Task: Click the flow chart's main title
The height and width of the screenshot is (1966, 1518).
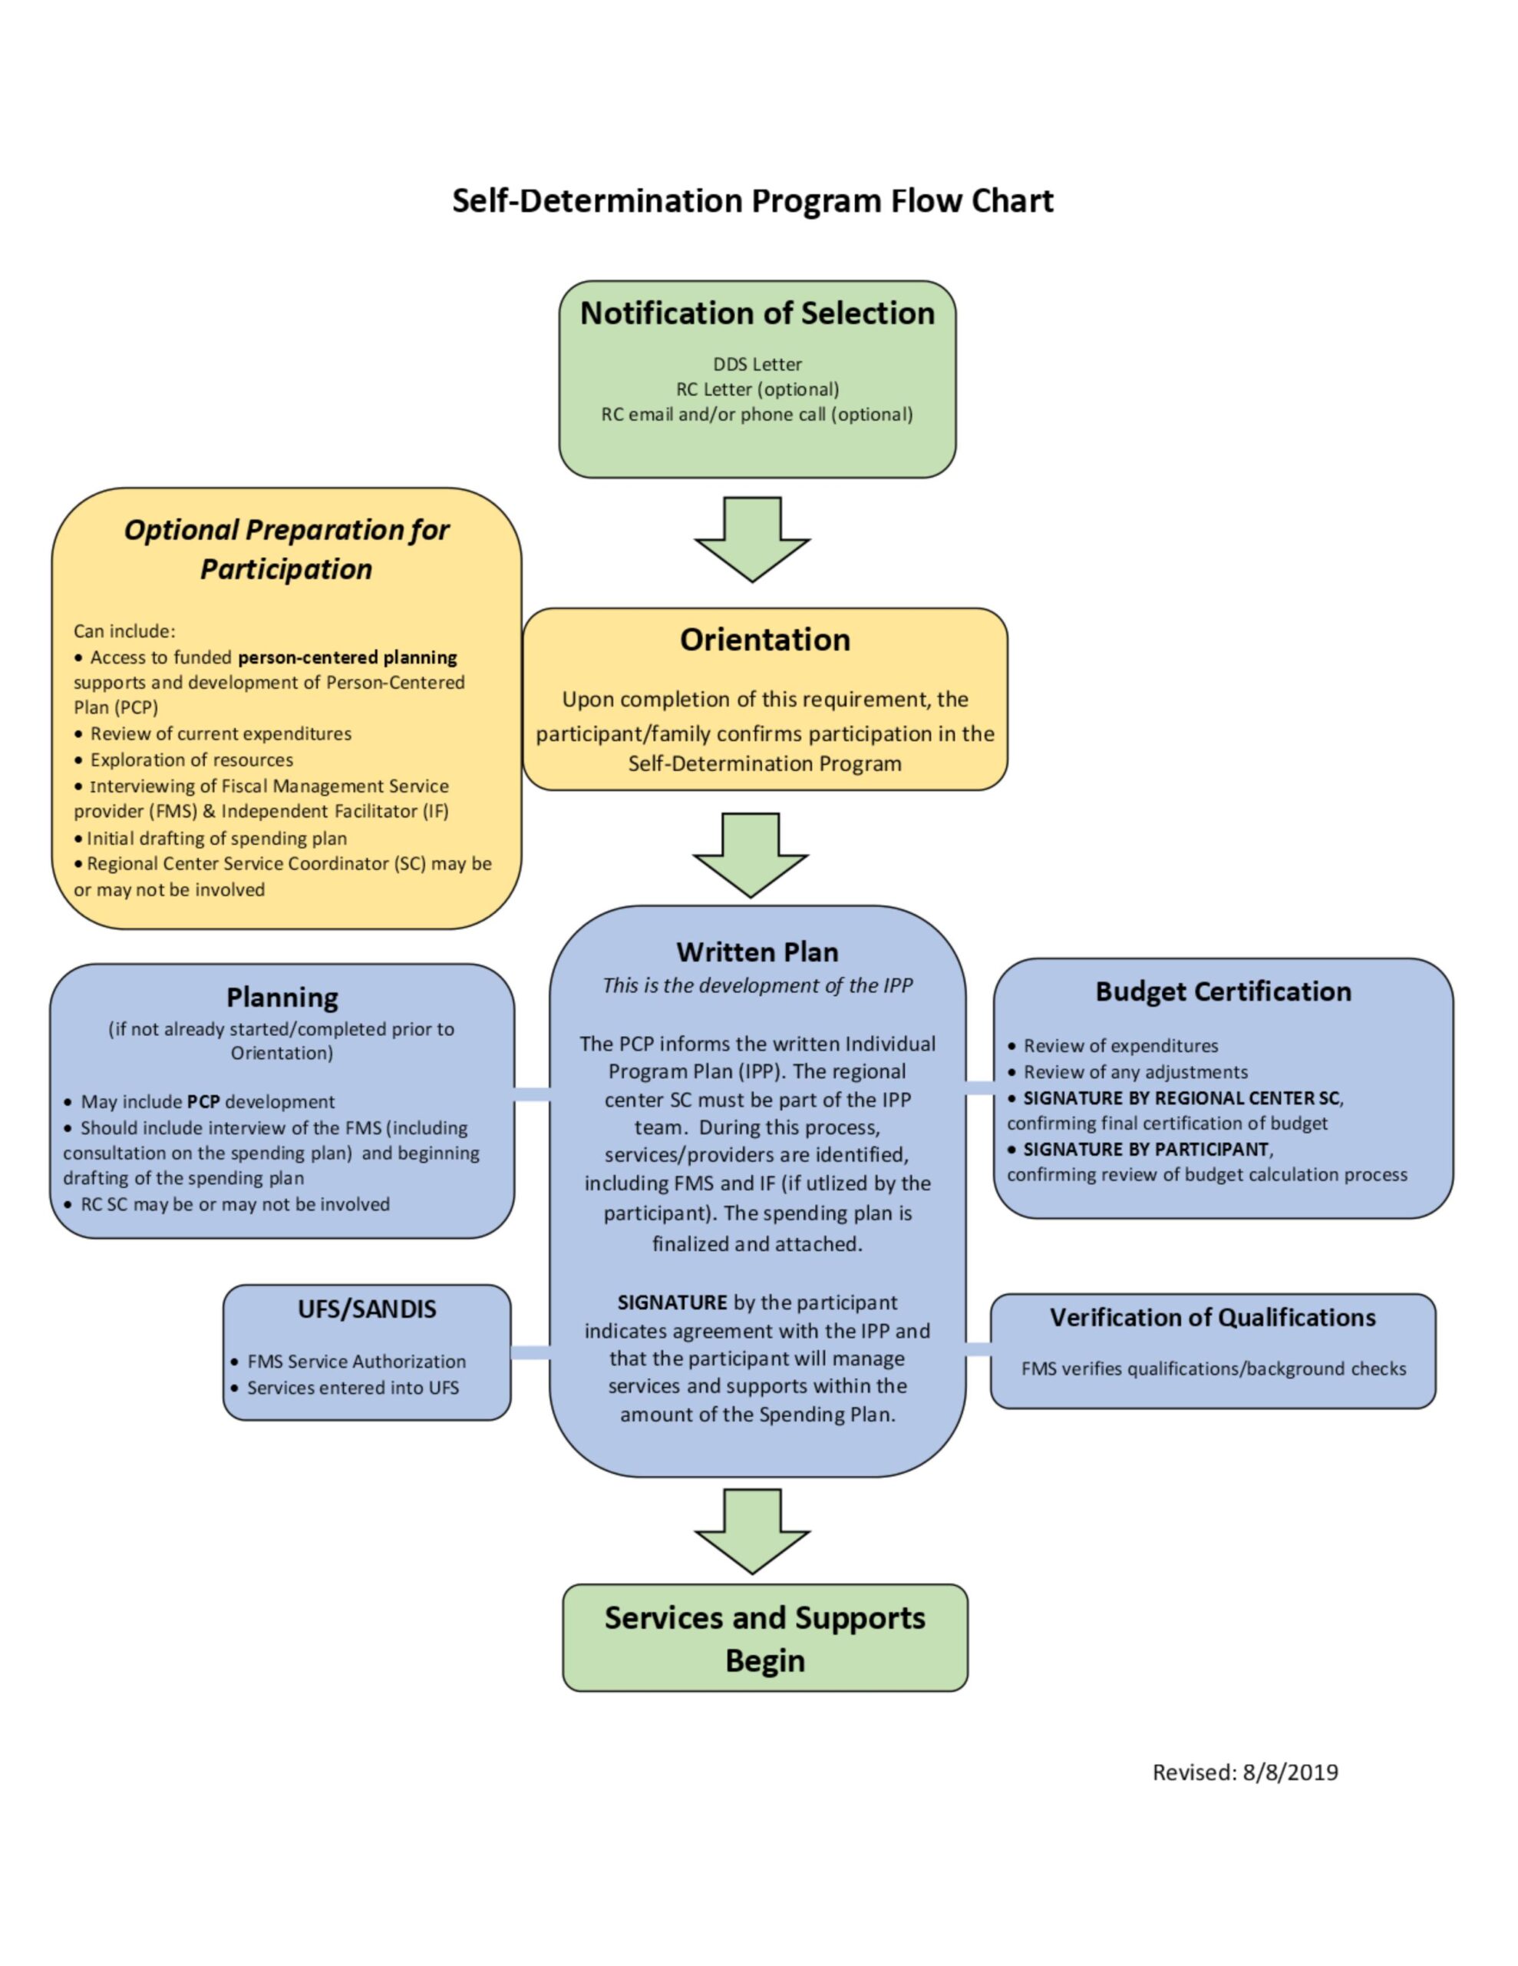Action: click(x=752, y=200)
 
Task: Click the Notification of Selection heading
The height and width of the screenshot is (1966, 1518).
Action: click(x=757, y=313)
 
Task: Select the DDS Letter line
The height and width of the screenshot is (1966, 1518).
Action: click(x=757, y=365)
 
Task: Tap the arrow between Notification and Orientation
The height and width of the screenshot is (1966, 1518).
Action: click(x=752, y=540)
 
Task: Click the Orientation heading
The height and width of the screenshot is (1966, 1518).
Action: click(x=764, y=640)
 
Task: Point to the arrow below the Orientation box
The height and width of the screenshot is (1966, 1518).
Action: click(x=751, y=856)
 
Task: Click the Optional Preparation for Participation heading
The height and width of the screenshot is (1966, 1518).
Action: click(x=286, y=549)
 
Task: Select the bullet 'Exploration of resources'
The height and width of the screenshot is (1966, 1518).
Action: click(x=191, y=760)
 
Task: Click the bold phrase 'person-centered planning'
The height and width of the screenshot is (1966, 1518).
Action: click(x=348, y=657)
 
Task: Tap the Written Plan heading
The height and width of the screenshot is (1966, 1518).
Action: click(x=757, y=952)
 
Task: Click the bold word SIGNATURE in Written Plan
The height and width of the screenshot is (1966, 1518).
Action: click(x=672, y=1302)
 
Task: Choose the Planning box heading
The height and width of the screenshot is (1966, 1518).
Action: click(x=282, y=998)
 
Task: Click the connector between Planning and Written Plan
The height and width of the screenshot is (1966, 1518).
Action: click(x=532, y=1094)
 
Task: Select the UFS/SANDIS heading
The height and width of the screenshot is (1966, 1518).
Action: click(x=366, y=1309)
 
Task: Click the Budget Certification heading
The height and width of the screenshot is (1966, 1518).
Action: click(x=1223, y=991)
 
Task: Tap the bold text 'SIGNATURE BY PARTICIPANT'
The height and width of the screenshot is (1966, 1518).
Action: click(x=1146, y=1150)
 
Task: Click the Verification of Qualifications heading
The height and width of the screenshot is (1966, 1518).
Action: click(x=1212, y=1318)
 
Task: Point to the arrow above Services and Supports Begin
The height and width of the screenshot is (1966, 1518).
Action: click(x=752, y=1531)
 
